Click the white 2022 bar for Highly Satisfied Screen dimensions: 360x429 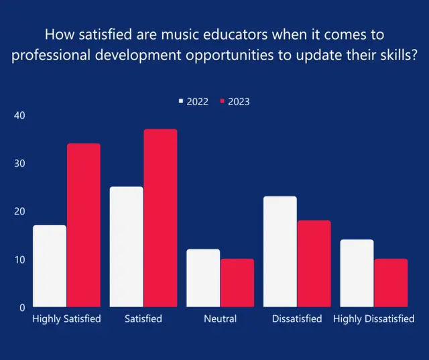(50, 266)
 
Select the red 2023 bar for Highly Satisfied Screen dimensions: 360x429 (83, 225)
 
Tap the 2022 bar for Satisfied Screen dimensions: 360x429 (127, 247)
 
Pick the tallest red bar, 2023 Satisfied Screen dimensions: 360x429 (160, 218)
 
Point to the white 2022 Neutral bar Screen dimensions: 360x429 (203, 278)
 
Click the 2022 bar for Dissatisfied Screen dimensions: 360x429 (280, 251)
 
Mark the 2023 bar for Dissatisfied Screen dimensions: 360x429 (314, 263)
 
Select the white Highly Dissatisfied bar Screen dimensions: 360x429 (357, 274)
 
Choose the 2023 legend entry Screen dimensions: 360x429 (234, 102)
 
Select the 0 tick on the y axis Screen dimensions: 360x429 (21, 308)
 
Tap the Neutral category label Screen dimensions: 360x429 (221, 319)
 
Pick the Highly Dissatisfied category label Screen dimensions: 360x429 (373, 319)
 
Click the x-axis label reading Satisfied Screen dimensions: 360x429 (143, 319)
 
